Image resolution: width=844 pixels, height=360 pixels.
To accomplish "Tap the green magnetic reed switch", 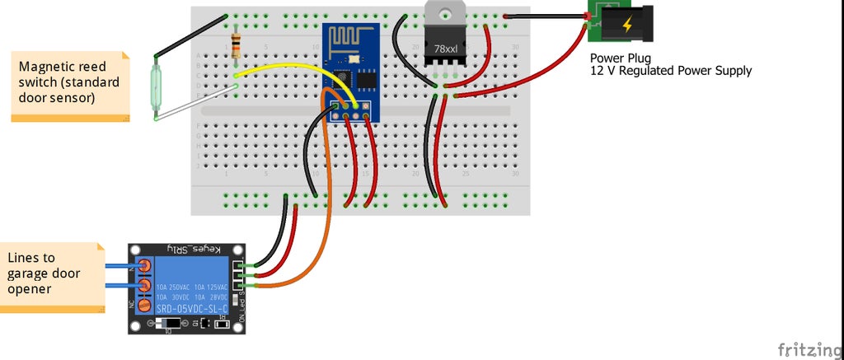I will [155, 86].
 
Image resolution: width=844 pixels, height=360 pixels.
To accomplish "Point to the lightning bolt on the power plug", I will [627, 25].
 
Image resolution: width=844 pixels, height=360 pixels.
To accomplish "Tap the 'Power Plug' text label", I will [621, 58].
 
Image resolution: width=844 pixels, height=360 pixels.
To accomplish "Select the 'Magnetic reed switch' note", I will [70, 82].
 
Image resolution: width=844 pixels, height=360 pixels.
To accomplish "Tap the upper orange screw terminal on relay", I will [145, 265].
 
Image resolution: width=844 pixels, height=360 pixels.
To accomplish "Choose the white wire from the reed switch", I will [198, 105].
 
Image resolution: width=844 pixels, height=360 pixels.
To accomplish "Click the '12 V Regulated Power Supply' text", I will [671, 72].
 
